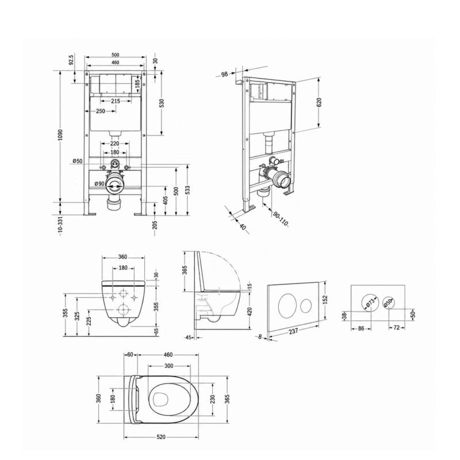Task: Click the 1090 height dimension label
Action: coord(60,135)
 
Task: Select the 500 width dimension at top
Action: coord(116,55)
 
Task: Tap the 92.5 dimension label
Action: coord(71,59)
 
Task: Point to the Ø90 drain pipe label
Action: coord(99,183)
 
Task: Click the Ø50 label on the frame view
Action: coord(78,161)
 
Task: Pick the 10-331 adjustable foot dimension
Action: coord(60,225)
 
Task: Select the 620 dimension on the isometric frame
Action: coord(319,102)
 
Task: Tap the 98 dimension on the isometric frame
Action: coord(224,74)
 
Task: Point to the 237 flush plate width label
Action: coord(293,331)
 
